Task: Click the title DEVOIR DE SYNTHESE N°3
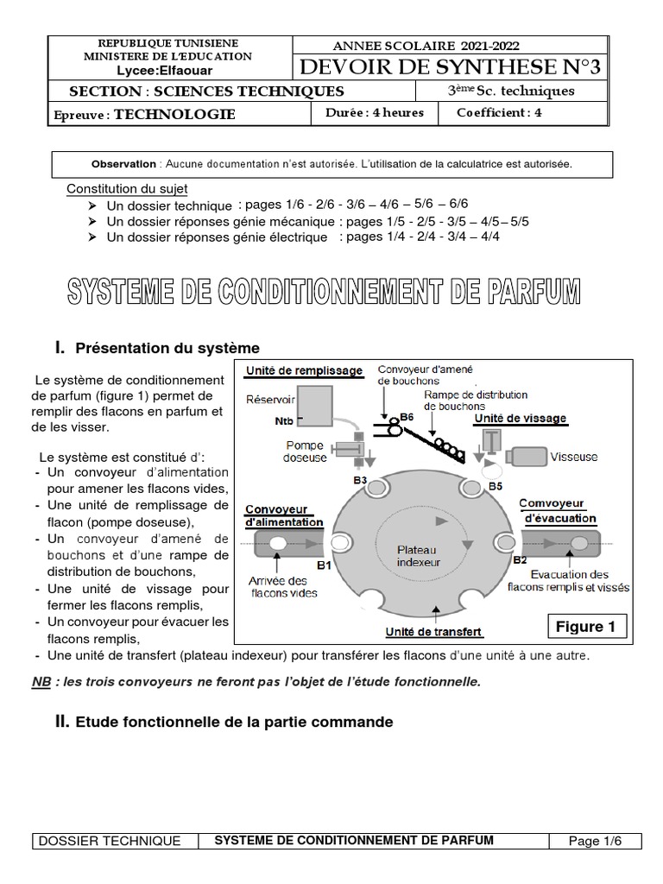(451, 66)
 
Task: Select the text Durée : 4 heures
(364, 112)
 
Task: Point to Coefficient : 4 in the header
(498, 112)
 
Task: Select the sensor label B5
(495, 485)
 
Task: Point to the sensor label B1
(324, 565)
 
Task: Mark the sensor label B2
(520, 559)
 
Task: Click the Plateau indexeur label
(418, 555)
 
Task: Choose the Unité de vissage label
(521, 418)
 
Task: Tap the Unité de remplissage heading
(304, 370)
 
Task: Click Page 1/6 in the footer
(594, 841)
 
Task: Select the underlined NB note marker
(41, 682)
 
